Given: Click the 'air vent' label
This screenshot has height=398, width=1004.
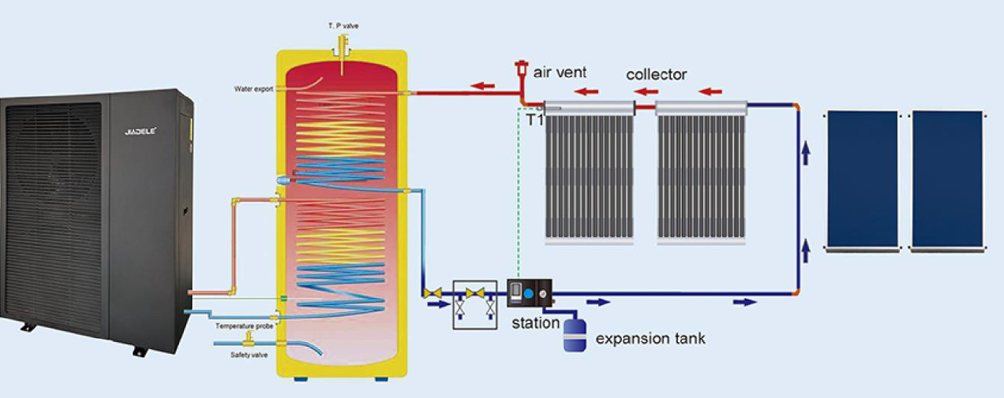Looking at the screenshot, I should (560, 73).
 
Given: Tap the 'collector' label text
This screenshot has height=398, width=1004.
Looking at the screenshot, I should (656, 75).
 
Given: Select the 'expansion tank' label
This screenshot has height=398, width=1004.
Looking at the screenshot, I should (650, 339).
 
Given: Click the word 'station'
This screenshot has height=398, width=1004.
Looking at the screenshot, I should (535, 322).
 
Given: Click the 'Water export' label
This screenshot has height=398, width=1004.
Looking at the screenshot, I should (253, 89).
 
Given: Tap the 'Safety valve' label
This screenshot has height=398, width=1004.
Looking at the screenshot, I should (249, 355).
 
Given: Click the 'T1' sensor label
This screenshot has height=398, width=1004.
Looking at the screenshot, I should (534, 119).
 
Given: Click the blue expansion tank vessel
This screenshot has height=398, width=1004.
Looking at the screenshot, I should (574, 333).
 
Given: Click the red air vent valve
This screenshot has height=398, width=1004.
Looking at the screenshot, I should (521, 70).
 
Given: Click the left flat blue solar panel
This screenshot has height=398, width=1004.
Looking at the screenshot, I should (863, 180).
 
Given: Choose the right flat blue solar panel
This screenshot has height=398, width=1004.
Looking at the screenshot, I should (947, 180).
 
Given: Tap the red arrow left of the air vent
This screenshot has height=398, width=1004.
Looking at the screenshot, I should (484, 85).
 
